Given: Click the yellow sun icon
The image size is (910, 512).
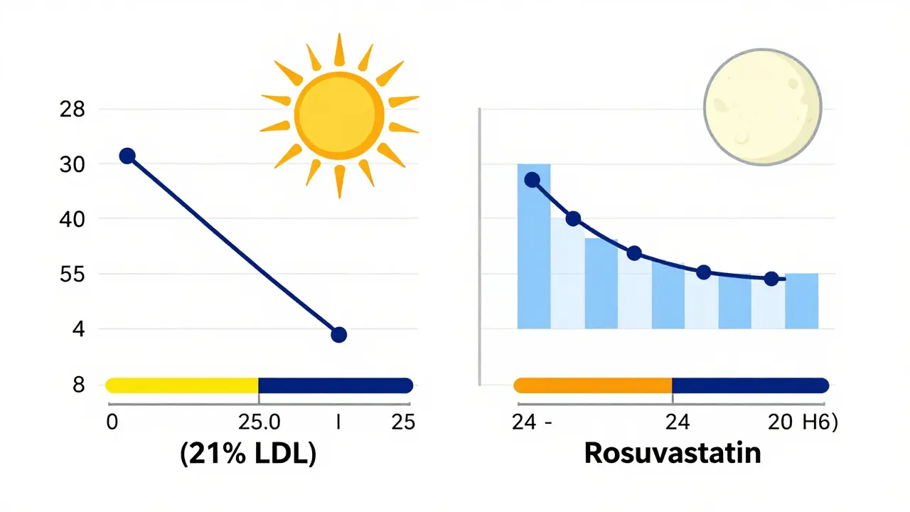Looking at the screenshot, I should (x=339, y=115).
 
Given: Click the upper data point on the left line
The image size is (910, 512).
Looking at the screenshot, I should (x=127, y=156).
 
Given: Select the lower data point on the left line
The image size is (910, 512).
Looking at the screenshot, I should (x=338, y=334).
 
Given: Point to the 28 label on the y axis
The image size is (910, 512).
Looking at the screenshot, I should (x=74, y=110).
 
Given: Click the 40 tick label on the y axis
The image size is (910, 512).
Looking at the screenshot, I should (x=74, y=220).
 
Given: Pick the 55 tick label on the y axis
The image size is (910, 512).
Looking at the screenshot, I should (x=74, y=274).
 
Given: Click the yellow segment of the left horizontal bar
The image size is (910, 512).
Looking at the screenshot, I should (x=182, y=385).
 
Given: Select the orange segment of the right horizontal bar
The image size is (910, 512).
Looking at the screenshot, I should (x=592, y=385).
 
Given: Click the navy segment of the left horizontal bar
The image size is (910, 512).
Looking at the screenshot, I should (x=335, y=385).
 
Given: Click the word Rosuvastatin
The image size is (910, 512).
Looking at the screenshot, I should (x=672, y=453).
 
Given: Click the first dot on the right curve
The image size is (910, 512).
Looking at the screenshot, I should (x=532, y=180).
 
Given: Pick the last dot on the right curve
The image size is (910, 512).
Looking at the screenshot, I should (x=771, y=279).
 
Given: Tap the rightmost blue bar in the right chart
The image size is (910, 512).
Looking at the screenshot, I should (x=801, y=301).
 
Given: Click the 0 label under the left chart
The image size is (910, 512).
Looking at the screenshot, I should (x=111, y=422).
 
